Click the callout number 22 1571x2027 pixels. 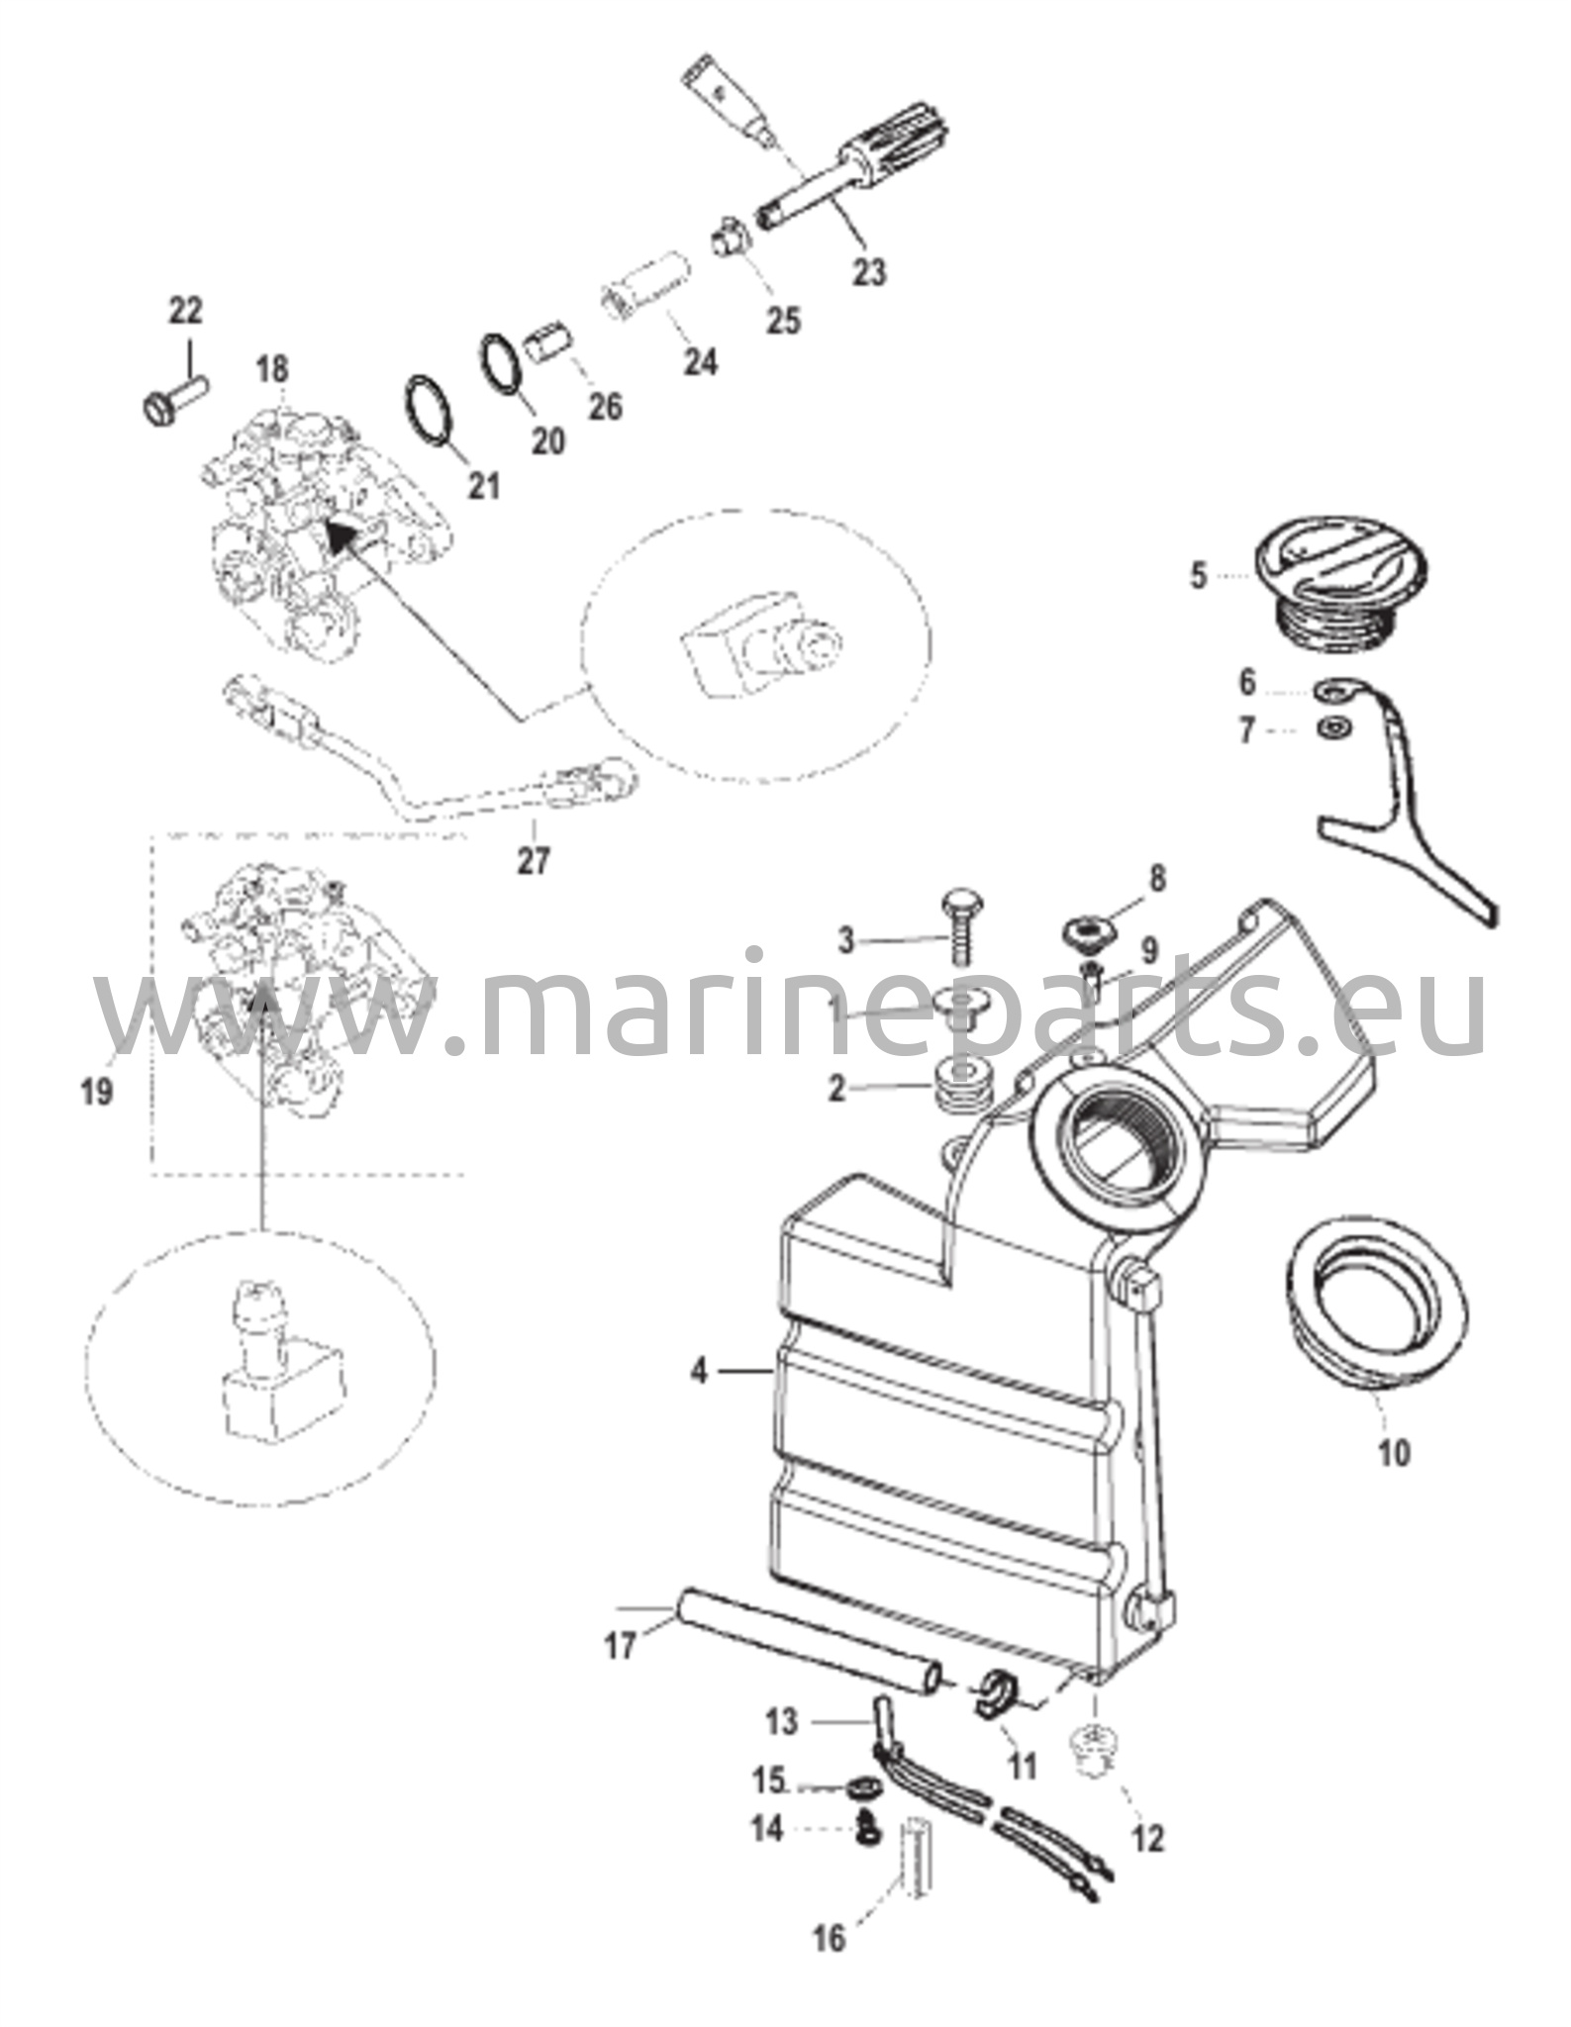185,311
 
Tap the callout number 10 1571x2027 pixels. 1393,1453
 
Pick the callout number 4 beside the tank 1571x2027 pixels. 700,1372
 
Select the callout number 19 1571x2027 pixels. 98,1093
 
